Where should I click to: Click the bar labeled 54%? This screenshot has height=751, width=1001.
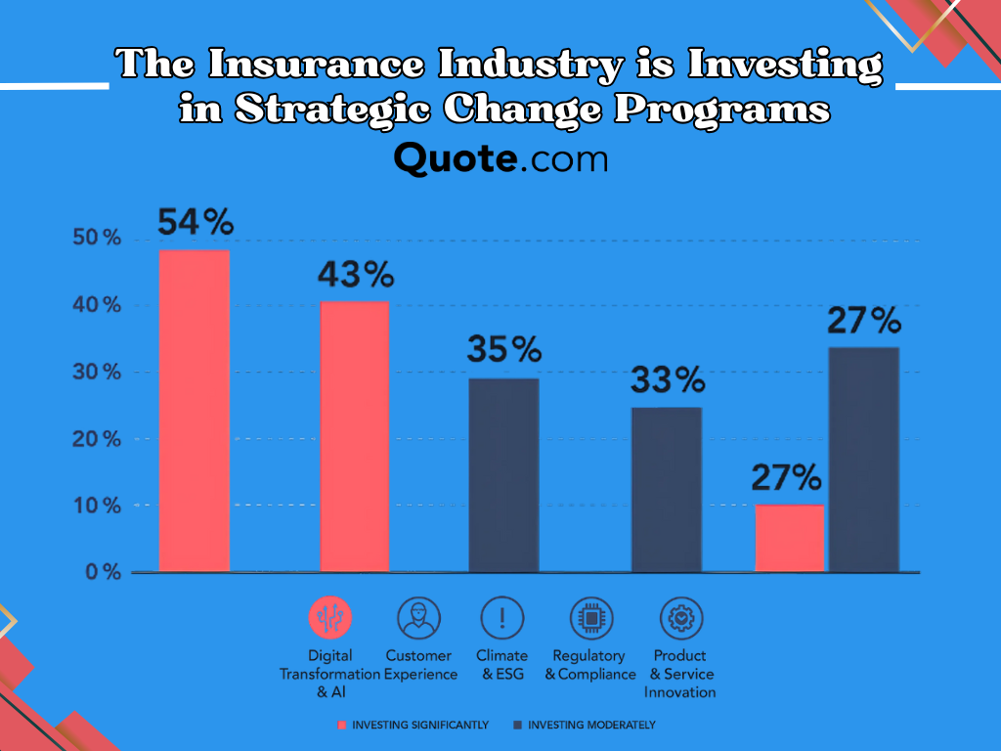click(195, 411)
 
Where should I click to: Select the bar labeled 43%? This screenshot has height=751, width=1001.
click(354, 436)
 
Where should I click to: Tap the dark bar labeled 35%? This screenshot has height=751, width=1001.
click(503, 475)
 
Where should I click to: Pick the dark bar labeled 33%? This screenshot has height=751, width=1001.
click(667, 489)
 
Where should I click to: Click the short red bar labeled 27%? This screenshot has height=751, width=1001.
click(790, 539)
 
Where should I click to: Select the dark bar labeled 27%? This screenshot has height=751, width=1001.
click(864, 460)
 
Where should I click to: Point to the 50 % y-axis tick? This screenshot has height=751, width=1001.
click(97, 238)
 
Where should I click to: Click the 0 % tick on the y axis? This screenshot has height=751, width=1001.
click(103, 571)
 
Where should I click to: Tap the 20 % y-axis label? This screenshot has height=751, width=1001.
click(97, 439)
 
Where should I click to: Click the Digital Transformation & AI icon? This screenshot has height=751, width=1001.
click(330, 618)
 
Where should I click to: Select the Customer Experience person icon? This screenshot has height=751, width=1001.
click(418, 618)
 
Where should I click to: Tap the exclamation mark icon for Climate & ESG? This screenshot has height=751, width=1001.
click(501, 618)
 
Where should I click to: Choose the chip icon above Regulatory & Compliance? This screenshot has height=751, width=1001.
click(591, 618)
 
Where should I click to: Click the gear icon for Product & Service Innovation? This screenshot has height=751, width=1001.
click(681, 618)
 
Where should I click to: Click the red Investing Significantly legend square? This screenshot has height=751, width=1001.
click(341, 725)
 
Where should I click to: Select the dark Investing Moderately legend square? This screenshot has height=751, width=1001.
click(518, 725)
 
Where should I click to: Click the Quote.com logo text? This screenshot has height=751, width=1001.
click(500, 158)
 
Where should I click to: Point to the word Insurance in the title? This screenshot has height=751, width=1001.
click(316, 65)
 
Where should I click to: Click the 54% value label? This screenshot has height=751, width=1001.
click(196, 222)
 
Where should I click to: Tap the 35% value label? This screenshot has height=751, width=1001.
click(504, 349)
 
